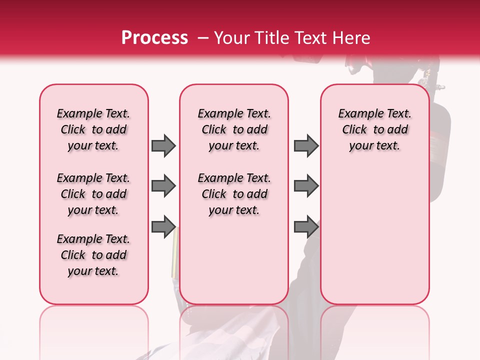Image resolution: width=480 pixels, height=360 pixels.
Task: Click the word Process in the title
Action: tap(154, 38)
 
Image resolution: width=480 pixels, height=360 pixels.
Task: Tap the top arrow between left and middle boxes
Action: tap(163, 145)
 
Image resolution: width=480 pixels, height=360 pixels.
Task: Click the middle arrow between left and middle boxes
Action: tap(163, 186)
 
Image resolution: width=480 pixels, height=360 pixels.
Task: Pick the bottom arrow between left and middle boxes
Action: tap(163, 227)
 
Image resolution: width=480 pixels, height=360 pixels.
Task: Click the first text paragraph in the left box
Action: tap(93, 129)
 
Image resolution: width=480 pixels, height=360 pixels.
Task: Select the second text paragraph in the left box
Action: tap(93, 194)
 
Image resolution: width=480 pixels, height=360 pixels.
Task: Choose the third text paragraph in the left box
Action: tap(93, 255)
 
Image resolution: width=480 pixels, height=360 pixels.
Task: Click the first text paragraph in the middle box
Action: tap(234, 129)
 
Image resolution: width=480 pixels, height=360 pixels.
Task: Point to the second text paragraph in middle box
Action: tap(234, 194)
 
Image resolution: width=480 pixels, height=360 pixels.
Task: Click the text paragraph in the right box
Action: tap(375, 129)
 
